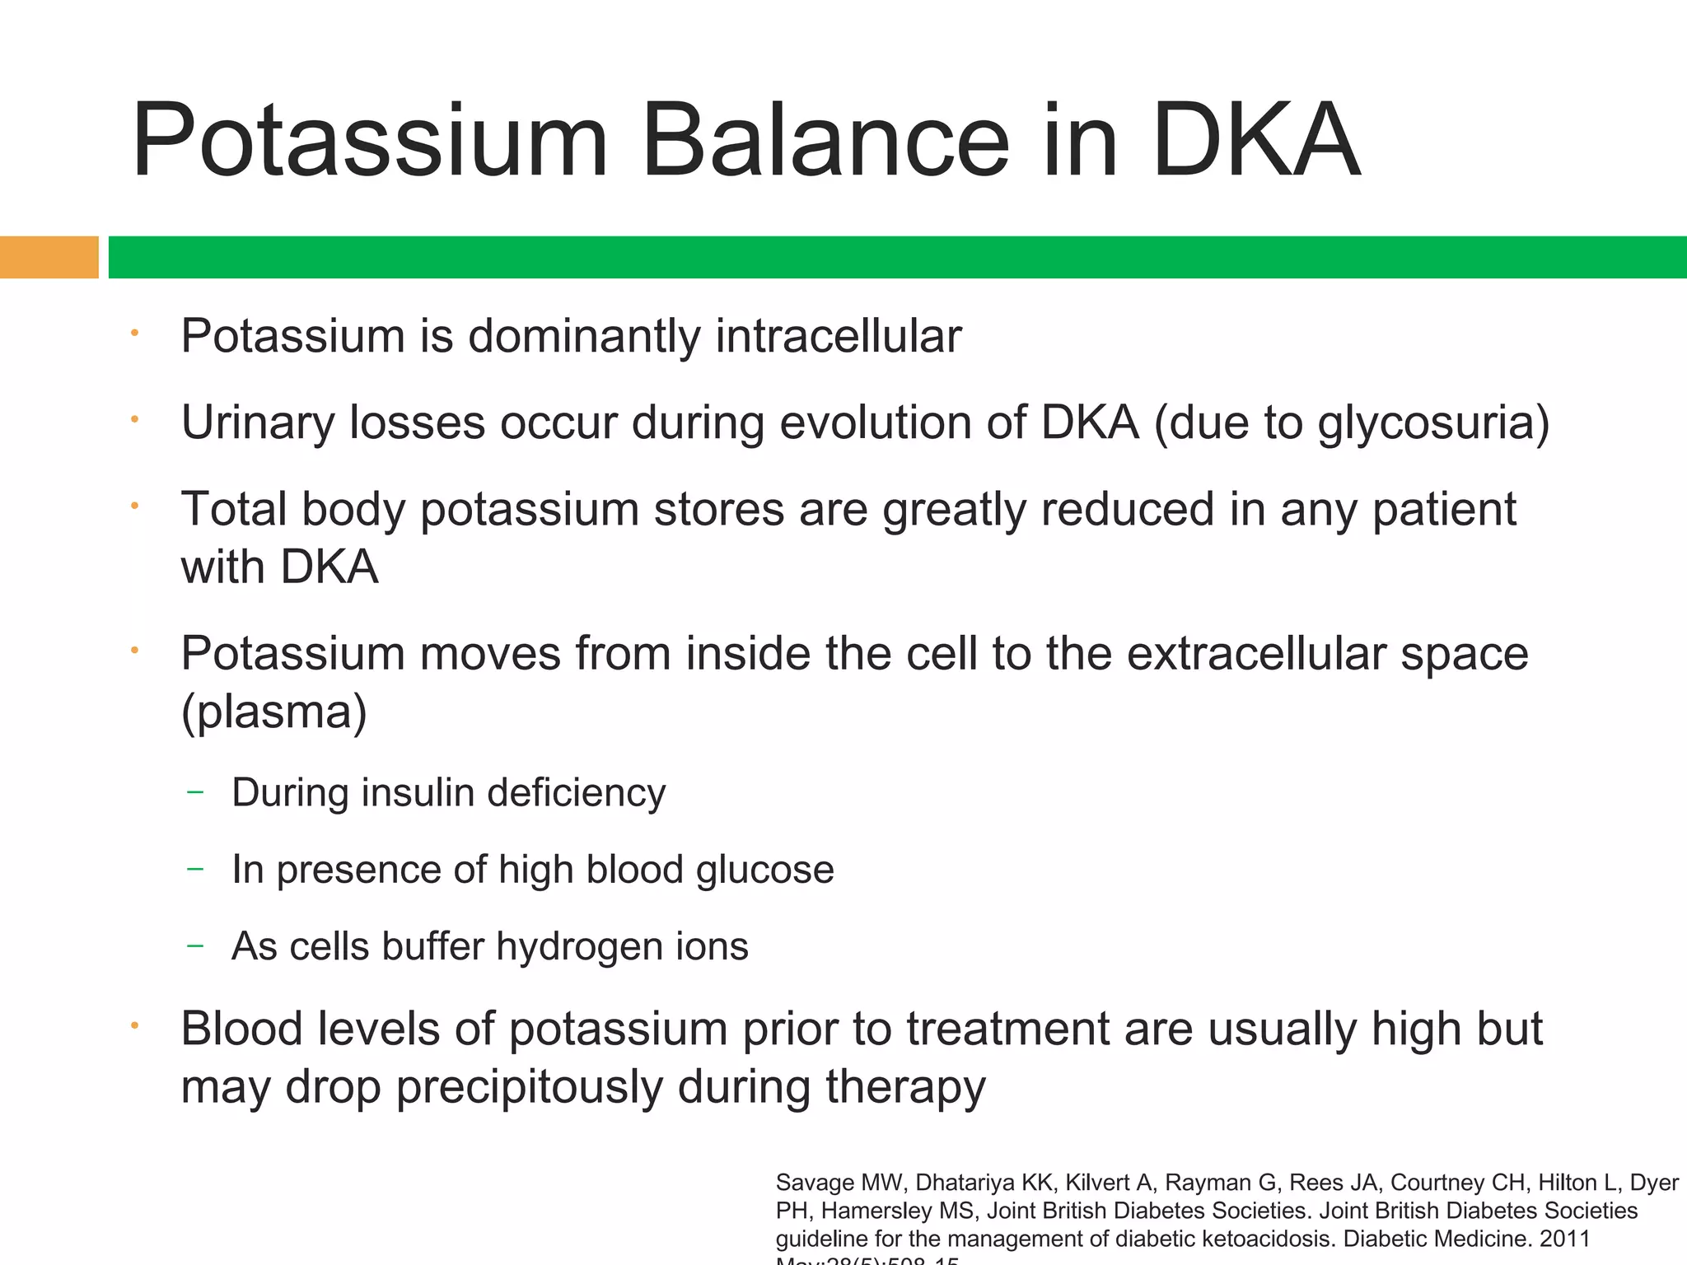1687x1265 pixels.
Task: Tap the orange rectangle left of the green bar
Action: (x=49, y=257)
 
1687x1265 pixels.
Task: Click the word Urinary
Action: (x=257, y=423)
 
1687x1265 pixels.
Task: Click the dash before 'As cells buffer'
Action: (x=195, y=946)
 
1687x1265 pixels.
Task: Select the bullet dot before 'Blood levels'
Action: (x=134, y=1026)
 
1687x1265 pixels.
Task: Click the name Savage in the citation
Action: (x=815, y=1183)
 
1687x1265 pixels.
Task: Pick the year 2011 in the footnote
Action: (x=1564, y=1239)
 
